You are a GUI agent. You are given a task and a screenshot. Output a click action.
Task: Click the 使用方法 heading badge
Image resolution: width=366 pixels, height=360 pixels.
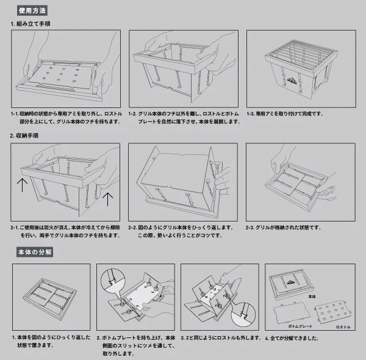coord(32,10)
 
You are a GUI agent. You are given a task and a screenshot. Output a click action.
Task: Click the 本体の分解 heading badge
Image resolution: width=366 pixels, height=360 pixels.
coord(35,252)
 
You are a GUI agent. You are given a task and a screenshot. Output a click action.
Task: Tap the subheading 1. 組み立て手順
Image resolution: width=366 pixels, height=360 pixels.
coord(30,24)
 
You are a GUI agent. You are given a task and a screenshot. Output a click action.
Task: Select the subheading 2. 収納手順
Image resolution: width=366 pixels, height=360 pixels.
coord(24,135)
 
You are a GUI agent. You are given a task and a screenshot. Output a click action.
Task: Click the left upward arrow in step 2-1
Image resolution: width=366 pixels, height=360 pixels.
coord(22,185)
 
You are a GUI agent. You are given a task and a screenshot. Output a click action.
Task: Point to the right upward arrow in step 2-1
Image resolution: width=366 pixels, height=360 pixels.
coord(107,199)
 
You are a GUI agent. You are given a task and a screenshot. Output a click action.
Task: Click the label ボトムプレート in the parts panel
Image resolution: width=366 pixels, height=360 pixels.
coord(300,326)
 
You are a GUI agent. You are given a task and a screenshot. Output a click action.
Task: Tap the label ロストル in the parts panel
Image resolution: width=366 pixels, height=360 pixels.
coord(343,327)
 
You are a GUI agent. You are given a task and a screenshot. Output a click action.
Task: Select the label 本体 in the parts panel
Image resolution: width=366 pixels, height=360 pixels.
coord(312,297)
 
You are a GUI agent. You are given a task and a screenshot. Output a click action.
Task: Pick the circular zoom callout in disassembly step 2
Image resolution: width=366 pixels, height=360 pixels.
coord(112,279)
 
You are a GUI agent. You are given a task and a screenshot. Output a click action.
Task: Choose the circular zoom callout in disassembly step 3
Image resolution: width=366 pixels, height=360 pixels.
coord(243,312)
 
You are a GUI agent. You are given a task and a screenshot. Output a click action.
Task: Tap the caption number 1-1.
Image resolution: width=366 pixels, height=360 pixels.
coord(15,114)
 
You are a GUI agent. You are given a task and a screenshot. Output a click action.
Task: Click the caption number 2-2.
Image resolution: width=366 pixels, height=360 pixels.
coord(132,228)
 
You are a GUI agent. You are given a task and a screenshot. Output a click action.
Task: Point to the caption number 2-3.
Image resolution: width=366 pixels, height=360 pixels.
coord(250,228)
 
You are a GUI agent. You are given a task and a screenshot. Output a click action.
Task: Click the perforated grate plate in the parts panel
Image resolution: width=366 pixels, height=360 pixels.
coord(332,312)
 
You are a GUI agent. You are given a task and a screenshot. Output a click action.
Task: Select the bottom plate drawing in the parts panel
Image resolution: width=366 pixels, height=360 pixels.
coord(292,313)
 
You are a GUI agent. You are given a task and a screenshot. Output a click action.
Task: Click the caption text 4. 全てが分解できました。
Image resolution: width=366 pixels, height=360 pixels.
coord(292,338)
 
